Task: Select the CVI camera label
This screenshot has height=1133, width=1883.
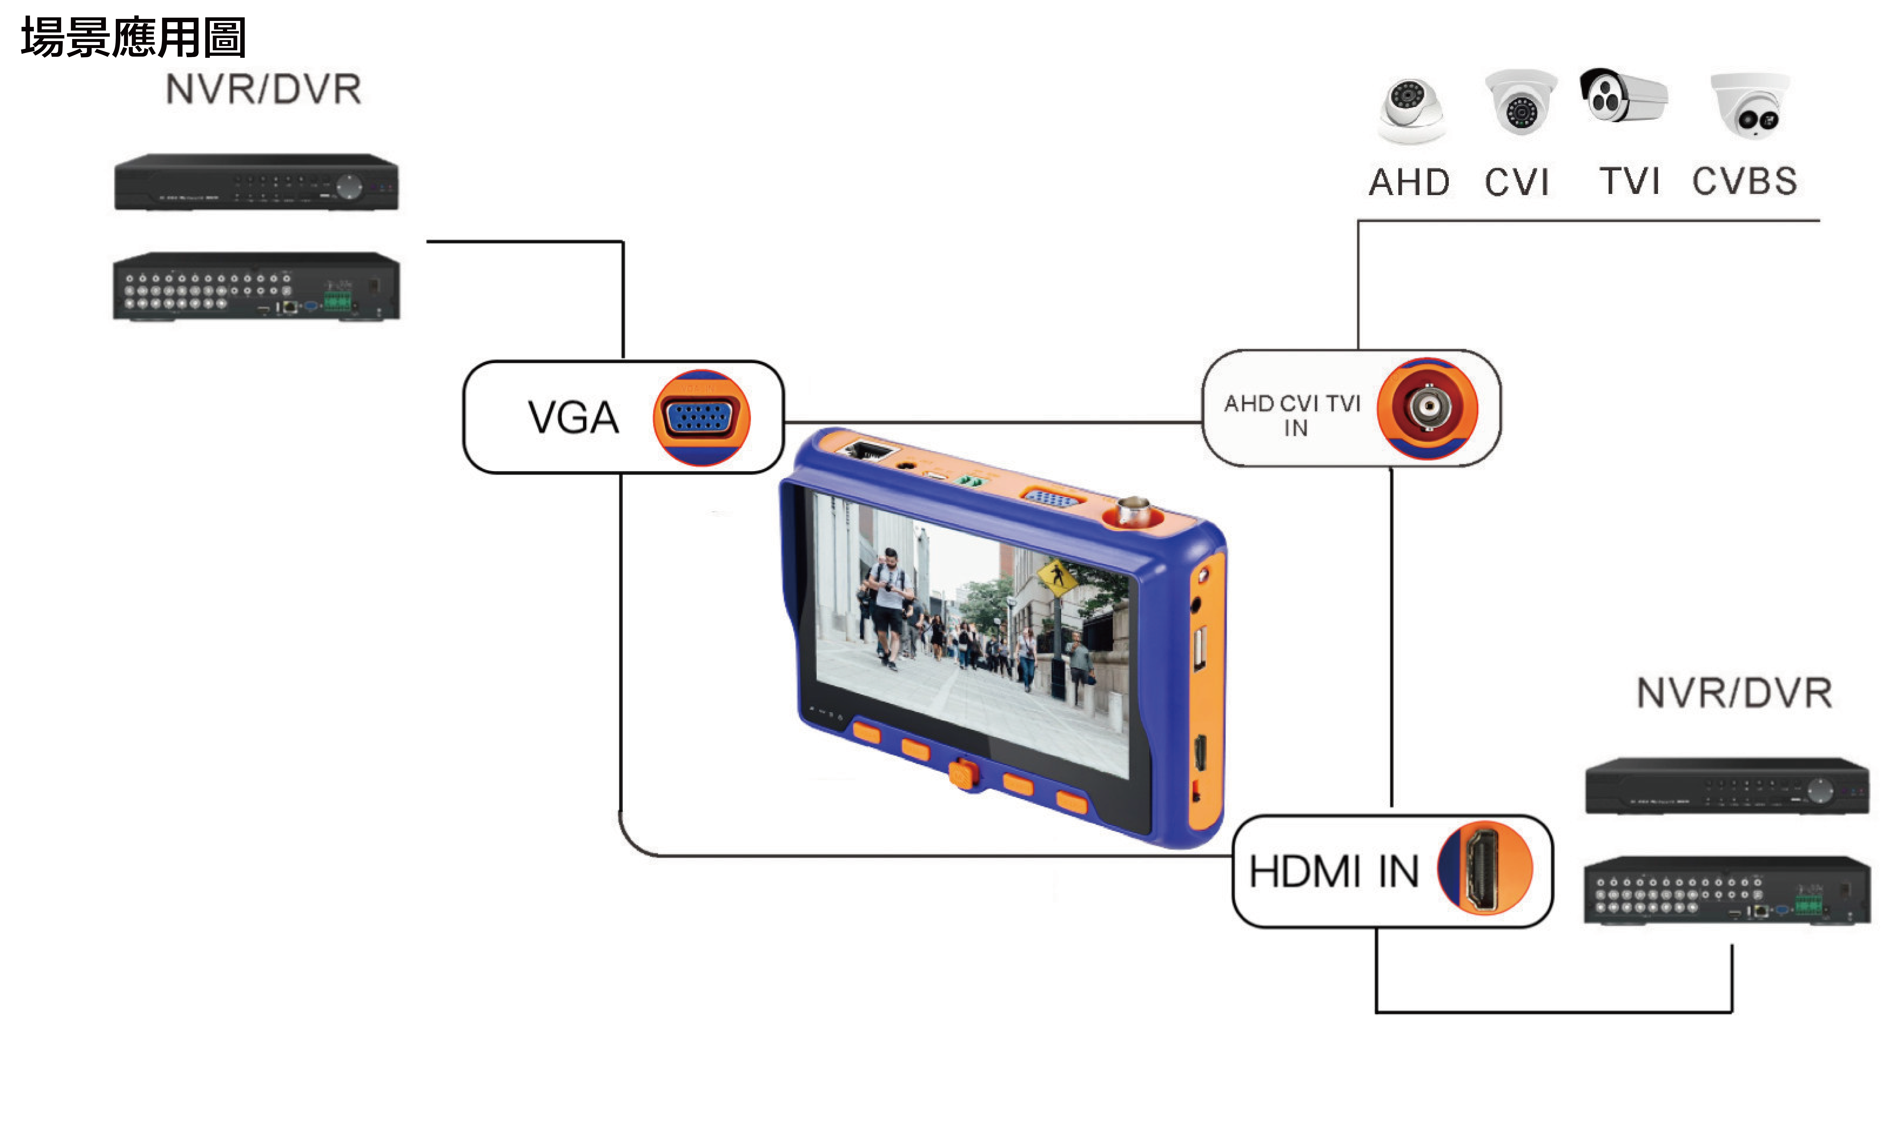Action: pyautogui.click(x=1517, y=183)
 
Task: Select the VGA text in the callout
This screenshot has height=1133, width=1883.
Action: pyautogui.click(x=573, y=418)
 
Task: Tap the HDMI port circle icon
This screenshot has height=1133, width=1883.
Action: pyautogui.click(x=1485, y=868)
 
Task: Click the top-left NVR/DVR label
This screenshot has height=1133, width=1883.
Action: pyautogui.click(x=263, y=89)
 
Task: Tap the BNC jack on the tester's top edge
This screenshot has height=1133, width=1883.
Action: pyautogui.click(x=1133, y=511)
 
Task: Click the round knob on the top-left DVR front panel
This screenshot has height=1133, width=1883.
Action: pyautogui.click(x=350, y=186)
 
